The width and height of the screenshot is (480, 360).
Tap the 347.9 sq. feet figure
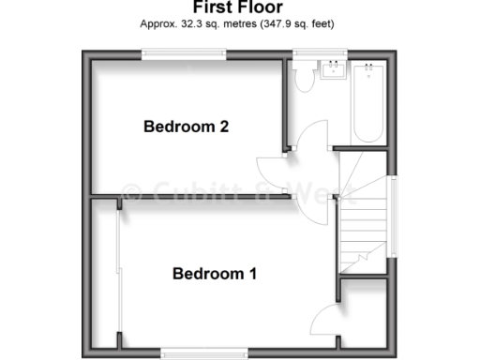click(x=299, y=22)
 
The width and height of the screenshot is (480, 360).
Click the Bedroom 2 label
click(x=187, y=127)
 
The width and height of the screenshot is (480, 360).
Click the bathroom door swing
click(x=314, y=141)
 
